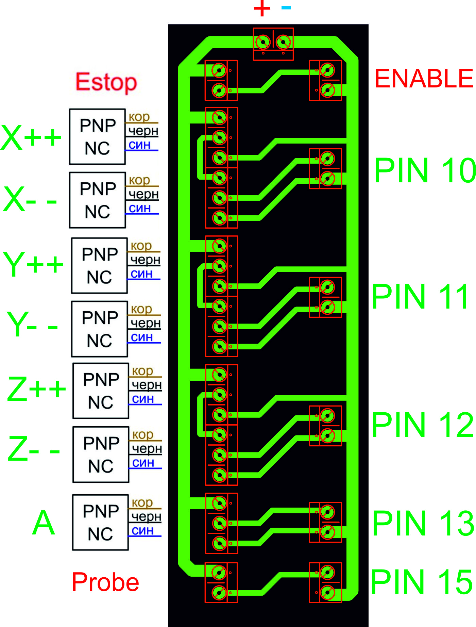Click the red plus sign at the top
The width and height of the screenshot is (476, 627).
[x=262, y=9]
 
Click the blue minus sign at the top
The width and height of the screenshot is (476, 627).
[x=286, y=7]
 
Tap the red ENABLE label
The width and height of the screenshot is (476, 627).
[x=424, y=79]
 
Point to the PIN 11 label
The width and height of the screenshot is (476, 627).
[x=421, y=297]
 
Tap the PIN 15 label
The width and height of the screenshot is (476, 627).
[x=422, y=582]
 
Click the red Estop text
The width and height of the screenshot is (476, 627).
[x=106, y=82]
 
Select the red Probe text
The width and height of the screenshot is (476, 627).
[x=105, y=582]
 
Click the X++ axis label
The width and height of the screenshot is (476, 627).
[x=31, y=137]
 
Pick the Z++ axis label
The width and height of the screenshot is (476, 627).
[x=36, y=389]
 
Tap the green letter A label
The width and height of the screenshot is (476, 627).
[x=44, y=523]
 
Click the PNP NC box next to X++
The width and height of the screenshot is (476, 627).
[x=97, y=137]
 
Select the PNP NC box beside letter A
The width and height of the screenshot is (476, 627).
[x=100, y=522]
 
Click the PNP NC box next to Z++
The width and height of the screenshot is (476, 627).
[x=101, y=391]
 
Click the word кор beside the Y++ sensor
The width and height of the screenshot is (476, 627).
[x=141, y=246]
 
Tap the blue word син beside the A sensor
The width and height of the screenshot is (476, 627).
[x=143, y=530]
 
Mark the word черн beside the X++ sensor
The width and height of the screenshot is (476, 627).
[x=143, y=131]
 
